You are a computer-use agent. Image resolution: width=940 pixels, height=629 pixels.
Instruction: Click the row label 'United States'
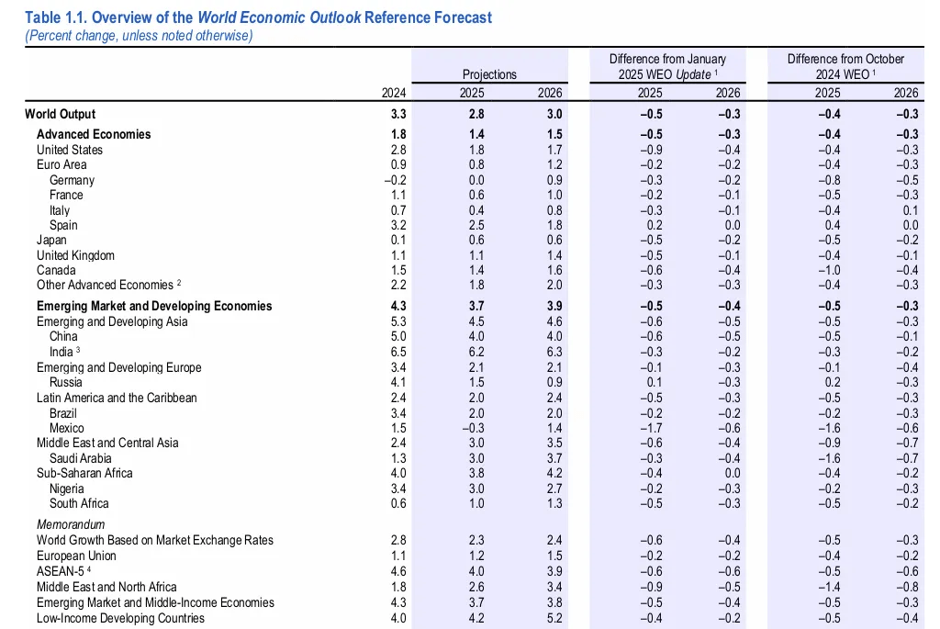(x=70, y=150)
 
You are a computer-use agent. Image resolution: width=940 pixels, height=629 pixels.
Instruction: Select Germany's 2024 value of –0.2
(x=394, y=180)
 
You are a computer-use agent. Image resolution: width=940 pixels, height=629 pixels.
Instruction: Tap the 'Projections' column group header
(x=489, y=74)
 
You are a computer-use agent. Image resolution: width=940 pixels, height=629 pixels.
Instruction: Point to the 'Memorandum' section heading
(x=70, y=525)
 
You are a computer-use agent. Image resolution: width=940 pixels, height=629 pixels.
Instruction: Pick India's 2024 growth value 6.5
(x=397, y=353)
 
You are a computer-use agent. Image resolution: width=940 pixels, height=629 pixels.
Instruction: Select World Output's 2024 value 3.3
(x=397, y=115)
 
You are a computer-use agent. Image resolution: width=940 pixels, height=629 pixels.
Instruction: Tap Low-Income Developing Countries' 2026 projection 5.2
(x=552, y=618)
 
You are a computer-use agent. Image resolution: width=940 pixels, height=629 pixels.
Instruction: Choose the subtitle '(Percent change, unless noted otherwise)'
(x=139, y=36)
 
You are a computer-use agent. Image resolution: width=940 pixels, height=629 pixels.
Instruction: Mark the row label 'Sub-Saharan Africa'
(x=84, y=473)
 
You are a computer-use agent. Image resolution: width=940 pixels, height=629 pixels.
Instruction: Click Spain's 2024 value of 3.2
(x=397, y=225)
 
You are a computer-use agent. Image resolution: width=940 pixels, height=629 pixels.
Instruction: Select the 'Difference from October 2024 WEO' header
(x=845, y=66)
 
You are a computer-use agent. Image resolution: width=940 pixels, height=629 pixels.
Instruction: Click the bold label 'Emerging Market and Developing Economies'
(x=154, y=306)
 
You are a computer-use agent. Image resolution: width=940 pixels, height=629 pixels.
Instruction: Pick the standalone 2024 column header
(x=394, y=93)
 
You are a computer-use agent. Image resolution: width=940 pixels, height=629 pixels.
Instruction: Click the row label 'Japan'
(x=52, y=240)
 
